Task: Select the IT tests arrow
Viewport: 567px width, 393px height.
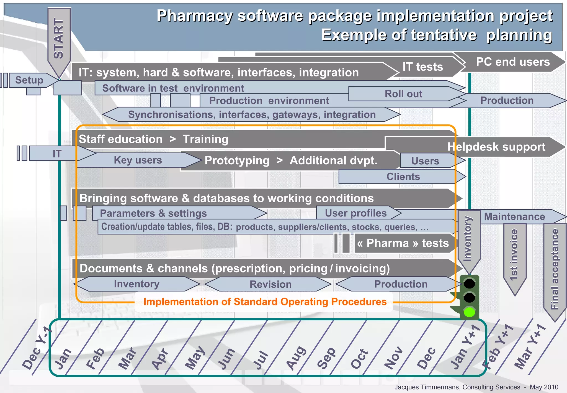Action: pyautogui.click(x=423, y=67)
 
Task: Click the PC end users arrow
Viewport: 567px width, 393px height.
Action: pyautogui.click(x=513, y=62)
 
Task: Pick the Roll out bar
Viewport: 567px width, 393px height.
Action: pyautogui.click(x=404, y=94)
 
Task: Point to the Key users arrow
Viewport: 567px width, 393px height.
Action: pyautogui.click(x=138, y=160)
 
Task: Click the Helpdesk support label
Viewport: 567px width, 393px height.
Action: pyautogui.click(x=496, y=147)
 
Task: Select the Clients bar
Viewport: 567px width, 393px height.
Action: pyautogui.click(x=403, y=177)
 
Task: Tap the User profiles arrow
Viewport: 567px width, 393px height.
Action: pyautogui.click(x=356, y=213)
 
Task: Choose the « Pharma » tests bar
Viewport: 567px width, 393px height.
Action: pyautogui.click(x=403, y=243)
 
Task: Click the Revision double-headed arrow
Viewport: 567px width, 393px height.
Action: pyautogui.click(x=270, y=284)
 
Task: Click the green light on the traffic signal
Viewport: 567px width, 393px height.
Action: pyautogui.click(x=469, y=312)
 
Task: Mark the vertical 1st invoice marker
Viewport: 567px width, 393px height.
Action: pyautogui.click(x=514, y=255)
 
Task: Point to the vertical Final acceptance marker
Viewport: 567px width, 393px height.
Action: pyautogui.click(x=555, y=269)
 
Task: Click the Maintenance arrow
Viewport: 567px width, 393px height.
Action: pyautogui.click(x=514, y=216)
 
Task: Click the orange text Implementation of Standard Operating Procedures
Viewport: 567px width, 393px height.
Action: pyautogui.click(x=265, y=302)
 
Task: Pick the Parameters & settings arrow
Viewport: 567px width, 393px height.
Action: pyautogui.click(x=153, y=213)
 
